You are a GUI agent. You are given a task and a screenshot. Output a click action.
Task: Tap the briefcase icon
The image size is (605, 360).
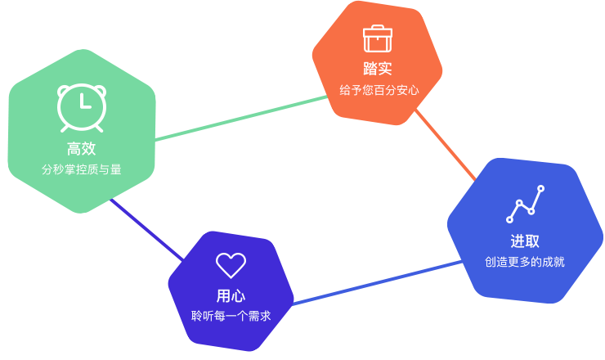378,38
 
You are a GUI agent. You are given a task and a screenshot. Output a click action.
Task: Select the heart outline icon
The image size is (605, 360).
231,264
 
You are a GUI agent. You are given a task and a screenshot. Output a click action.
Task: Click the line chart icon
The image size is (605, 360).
525,205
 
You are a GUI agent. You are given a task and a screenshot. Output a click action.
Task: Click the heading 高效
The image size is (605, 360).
82,149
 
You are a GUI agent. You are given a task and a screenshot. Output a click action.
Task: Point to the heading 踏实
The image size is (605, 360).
378,69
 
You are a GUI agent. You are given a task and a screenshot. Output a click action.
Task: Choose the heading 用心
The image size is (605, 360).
231,295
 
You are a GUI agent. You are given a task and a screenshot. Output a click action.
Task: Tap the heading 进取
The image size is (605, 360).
525,241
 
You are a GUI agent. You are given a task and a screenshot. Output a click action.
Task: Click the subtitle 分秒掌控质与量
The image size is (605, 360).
82,169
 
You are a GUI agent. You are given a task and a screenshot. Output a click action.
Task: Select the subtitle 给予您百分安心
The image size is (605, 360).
379,90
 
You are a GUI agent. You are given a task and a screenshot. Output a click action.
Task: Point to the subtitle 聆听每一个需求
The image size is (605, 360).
231,316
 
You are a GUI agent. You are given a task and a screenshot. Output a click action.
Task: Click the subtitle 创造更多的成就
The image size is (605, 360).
525,262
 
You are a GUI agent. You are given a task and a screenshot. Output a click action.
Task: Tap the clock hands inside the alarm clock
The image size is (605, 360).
83,103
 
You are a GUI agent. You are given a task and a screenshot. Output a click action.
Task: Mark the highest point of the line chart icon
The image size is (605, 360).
540,189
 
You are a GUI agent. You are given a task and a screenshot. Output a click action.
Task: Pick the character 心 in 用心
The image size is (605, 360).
238,295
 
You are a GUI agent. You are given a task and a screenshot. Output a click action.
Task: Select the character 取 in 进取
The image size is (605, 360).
532,241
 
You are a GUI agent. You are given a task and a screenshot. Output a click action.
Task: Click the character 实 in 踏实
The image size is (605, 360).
385,69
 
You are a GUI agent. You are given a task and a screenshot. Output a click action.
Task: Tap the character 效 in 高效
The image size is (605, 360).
89,149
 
